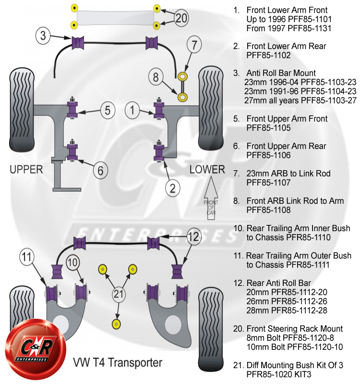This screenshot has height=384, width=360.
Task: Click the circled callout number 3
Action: click(x=43, y=35)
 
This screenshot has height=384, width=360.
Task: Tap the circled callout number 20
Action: click(x=181, y=18)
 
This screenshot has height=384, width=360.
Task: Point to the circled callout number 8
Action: click(x=156, y=76)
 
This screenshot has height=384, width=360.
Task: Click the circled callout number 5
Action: click(x=108, y=110)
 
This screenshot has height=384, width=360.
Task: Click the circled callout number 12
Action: click(x=193, y=236)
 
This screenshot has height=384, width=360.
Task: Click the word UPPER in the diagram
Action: click(x=26, y=169)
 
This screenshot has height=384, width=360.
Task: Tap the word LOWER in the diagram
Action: click(x=207, y=169)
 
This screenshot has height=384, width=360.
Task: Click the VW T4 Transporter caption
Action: click(x=117, y=361)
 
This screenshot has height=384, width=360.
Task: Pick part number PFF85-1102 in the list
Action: click(x=270, y=55)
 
